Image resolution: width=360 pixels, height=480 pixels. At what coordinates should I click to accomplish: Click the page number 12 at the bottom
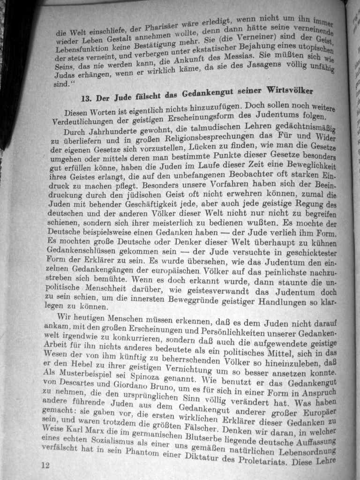coord(45,465)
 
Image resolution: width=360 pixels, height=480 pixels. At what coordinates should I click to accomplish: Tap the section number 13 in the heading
coord(86,98)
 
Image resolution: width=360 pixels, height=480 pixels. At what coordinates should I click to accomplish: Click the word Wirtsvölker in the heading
coord(289,89)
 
